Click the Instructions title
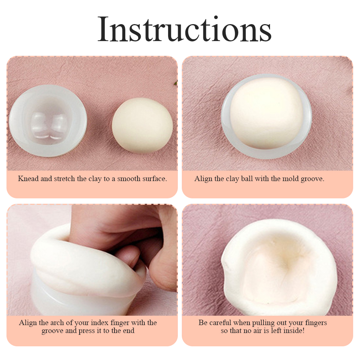click(x=184, y=29)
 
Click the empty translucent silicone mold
click(x=48, y=121)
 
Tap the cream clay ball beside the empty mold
click(x=142, y=125)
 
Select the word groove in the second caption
click(x=312, y=179)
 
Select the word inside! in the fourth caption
click(x=294, y=330)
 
